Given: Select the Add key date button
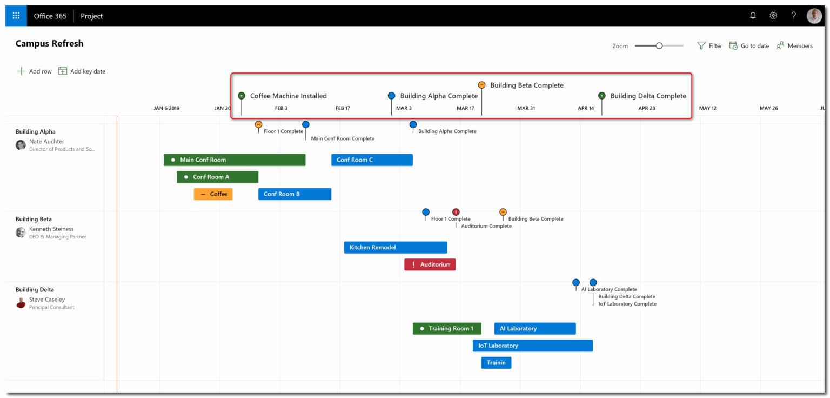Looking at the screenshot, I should pyautogui.click(x=82, y=71).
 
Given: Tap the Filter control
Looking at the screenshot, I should pyautogui.click(x=709, y=46).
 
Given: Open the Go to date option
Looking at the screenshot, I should pyautogui.click(x=749, y=46).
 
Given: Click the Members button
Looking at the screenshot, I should pyautogui.click(x=794, y=46).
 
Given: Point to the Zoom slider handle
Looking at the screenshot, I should pyautogui.click(x=659, y=46).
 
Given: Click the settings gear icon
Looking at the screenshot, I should pyautogui.click(x=773, y=16).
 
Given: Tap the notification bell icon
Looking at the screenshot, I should pyautogui.click(x=753, y=16).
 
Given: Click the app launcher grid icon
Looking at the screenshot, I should pyautogui.click(x=16, y=16).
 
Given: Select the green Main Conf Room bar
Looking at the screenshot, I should pyautogui.click(x=235, y=160).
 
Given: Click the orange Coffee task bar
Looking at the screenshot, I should pyautogui.click(x=213, y=194).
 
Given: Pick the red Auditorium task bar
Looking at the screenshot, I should pyautogui.click(x=430, y=264).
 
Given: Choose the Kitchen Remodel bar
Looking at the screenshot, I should pyautogui.click(x=395, y=248).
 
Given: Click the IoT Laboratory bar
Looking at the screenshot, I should pyautogui.click(x=532, y=346).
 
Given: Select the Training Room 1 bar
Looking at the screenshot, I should pyautogui.click(x=446, y=329).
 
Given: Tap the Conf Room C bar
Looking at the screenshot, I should pyautogui.click(x=372, y=160).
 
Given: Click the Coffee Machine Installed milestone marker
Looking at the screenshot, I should pyautogui.click(x=242, y=96).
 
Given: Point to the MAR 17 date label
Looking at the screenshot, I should pyautogui.click(x=465, y=108).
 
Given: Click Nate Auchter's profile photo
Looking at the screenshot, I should pyautogui.click(x=21, y=145).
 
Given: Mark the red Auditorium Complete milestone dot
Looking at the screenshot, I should pyautogui.click(x=456, y=212).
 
